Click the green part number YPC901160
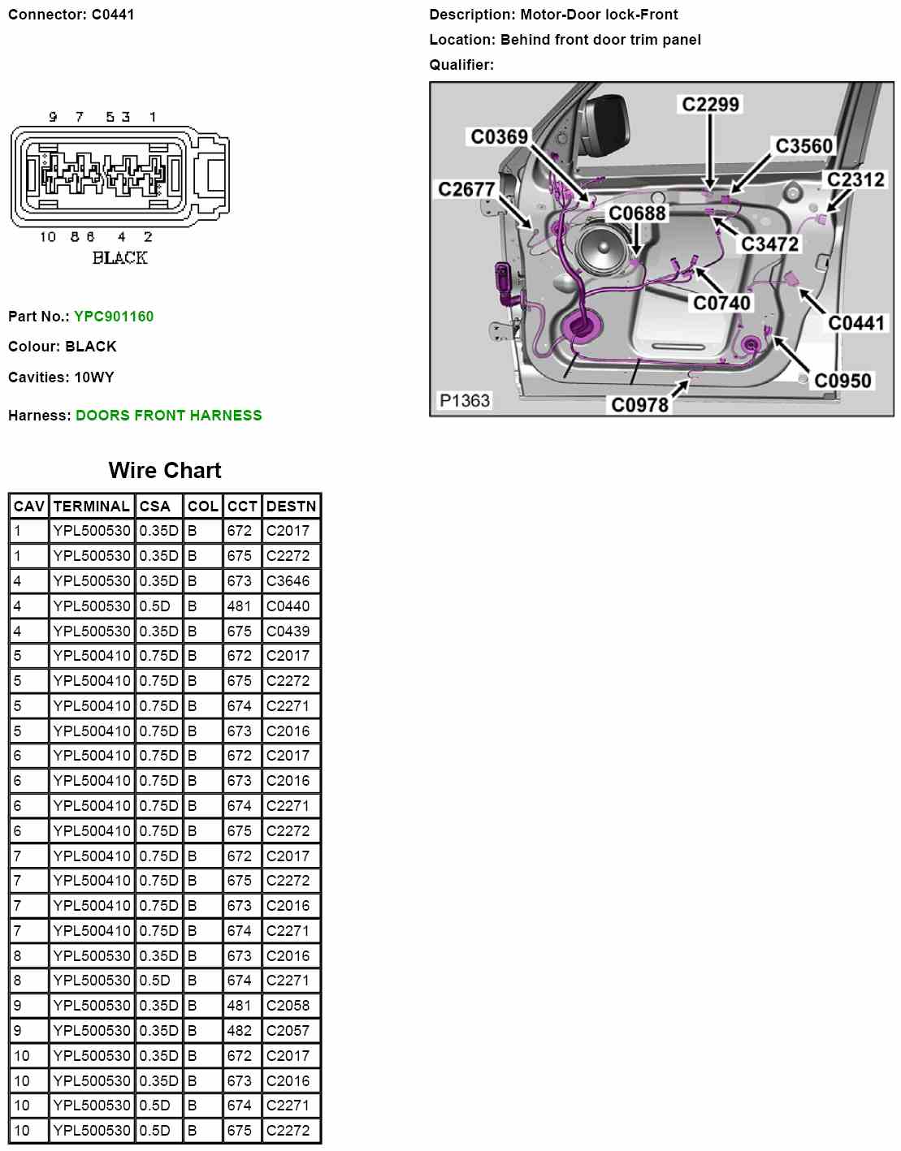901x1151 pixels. (114, 317)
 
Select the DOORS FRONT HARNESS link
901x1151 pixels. (168, 416)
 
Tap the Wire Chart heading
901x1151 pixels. (165, 471)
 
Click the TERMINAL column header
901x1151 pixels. (92, 507)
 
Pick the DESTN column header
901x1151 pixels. (291, 507)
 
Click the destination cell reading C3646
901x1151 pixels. (288, 581)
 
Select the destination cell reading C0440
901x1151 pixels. (288, 606)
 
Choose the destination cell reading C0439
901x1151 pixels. (288, 632)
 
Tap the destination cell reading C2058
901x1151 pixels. (288, 1006)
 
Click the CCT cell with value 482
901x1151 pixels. (240, 1031)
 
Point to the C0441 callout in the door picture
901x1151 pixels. (856, 323)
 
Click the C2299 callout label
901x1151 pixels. (710, 105)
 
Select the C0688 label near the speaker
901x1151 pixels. (637, 213)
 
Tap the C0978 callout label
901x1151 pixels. (639, 404)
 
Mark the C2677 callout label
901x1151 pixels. (466, 189)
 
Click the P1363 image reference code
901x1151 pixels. (465, 400)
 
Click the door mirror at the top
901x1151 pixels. (605, 122)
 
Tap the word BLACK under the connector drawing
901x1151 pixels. (119, 258)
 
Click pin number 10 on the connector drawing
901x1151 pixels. (48, 237)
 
